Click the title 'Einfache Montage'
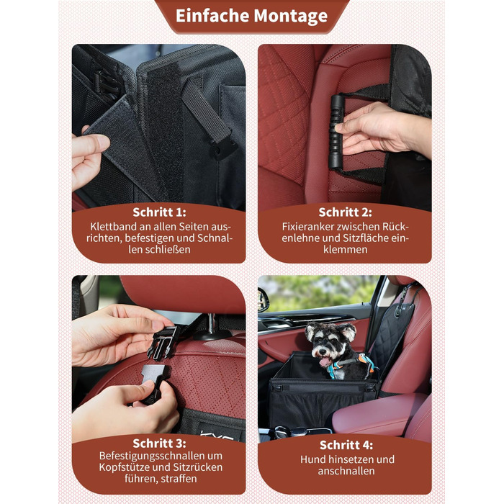(x=252, y=16)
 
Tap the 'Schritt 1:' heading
(x=159, y=212)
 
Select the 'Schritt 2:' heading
(x=345, y=212)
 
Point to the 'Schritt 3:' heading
(x=159, y=444)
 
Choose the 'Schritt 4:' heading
(x=346, y=445)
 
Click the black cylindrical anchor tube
(x=336, y=131)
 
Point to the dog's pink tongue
(x=325, y=362)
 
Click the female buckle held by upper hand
(x=163, y=342)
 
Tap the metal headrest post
(x=211, y=324)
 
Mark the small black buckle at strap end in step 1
(x=222, y=148)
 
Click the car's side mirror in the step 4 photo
(x=263, y=300)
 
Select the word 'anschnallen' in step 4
(x=346, y=471)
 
